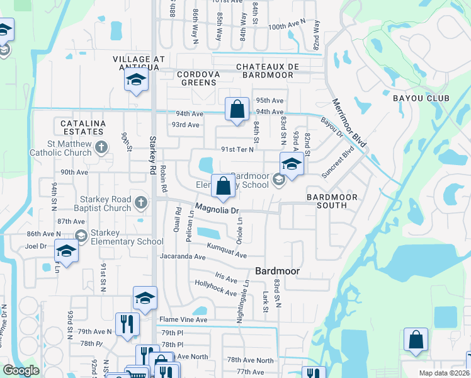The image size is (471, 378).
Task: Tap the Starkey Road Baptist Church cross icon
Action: (x=141, y=203)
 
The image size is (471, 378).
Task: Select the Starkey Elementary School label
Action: (x=127, y=237)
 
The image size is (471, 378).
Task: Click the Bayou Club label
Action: (x=421, y=98)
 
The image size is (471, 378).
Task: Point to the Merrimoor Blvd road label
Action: (x=349, y=123)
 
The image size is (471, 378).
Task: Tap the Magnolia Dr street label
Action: (x=217, y=209)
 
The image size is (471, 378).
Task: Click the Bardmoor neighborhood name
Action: (x=276, y=271)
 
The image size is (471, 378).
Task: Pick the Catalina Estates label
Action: (x=82, y=127)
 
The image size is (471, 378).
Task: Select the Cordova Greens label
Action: (x=198, y=79)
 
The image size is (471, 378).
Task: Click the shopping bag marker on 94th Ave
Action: (x=236, y=110)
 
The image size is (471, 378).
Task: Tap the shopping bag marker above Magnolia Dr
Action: (x=223, y=186)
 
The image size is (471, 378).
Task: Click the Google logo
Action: (x=21, y=370)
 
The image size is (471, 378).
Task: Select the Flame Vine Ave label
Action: (x=183, y=320)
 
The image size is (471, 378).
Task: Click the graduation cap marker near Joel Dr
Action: (x=65, y=251)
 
